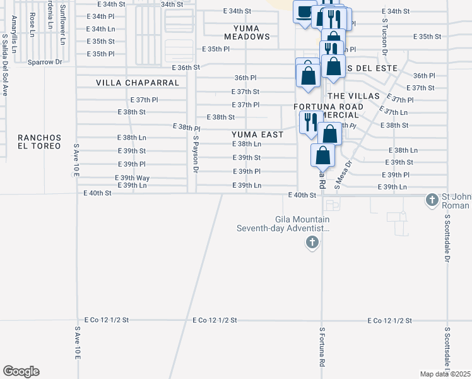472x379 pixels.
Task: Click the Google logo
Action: pos(21,371)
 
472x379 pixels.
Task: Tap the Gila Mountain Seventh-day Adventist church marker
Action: pos(311,242)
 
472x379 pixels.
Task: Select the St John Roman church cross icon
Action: pos(432,200)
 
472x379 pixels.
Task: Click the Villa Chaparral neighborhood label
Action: pos(138,83)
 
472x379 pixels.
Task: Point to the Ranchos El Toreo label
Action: pos(39,141)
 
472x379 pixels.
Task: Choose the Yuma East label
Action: pos(257,134)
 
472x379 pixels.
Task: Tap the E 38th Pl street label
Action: pos(187,128)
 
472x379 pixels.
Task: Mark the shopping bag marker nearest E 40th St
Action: pos(322,155)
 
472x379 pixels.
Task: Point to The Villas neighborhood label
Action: pos(353,95)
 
